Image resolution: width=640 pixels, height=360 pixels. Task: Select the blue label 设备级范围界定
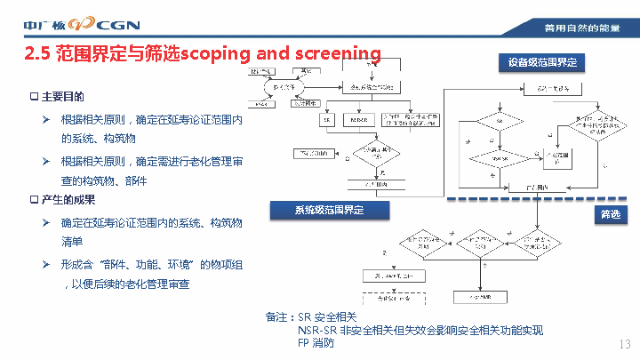pos(542,62)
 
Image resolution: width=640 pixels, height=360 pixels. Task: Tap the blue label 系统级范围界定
pos(330,210)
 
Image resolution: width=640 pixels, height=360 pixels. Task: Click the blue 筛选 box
pos(610,214)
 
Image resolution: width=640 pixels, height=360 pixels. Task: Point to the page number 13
pos(623,344)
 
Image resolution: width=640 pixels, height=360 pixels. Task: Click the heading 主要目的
pos(62,96)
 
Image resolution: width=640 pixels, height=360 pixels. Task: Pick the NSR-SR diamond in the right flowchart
pos(499,157)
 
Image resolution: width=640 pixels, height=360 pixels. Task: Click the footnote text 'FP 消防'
pos(316,343)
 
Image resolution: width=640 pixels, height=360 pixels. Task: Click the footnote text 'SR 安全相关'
pos(326,317)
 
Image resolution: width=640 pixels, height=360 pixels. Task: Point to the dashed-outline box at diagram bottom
pos(387,294)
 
